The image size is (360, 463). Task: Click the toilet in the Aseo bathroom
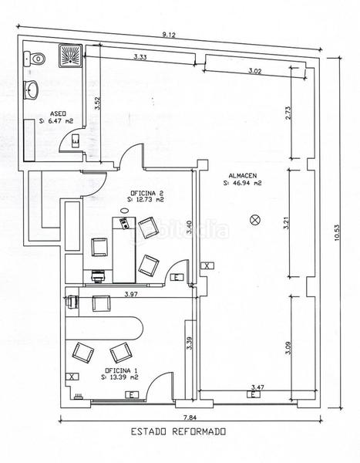coord(34,59)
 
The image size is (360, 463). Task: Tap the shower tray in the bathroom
coord(70,56)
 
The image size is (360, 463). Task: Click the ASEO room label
coord(58,113)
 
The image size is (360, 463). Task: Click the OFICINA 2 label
coord(146,193)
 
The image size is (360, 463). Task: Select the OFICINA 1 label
coord(121,370)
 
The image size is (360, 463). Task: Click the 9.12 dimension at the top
coord(169,35)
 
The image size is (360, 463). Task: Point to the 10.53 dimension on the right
coord(338,233)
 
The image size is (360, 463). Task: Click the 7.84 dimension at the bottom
coord(190,417)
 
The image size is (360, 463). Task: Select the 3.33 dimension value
coord(140,57)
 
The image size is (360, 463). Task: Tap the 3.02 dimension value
coord(254,71)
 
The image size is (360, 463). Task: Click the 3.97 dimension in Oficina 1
coord(131,294)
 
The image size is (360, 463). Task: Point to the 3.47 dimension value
coord(257,387)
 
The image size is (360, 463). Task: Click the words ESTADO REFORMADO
coord(179,431)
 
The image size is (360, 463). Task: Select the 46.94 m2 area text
coord(243,183)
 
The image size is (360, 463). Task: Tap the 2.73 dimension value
coord(288,113)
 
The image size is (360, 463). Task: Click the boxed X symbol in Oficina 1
coord(72,377)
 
